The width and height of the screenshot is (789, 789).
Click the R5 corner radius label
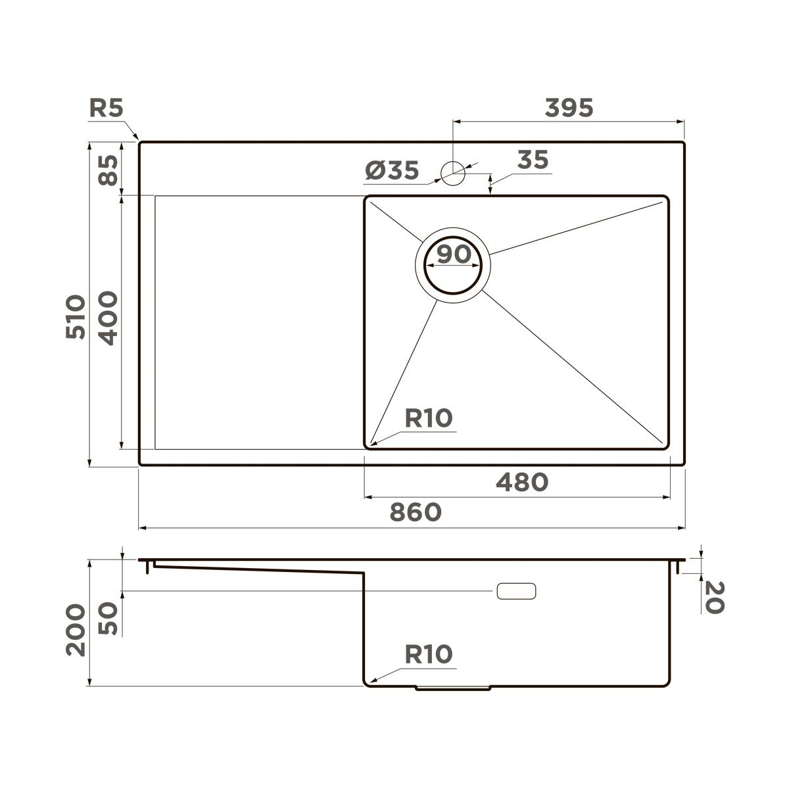point(106,108)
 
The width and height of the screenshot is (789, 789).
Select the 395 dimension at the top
point(569,108)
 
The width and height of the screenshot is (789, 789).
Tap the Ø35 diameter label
point(392,171)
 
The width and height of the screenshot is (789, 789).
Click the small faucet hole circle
point(453,173)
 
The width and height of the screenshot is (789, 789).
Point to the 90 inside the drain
point(453,254)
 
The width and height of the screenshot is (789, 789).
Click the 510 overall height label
point(76,317)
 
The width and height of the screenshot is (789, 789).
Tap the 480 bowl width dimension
point(521,483)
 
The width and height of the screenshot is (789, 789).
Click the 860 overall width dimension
point(415,512)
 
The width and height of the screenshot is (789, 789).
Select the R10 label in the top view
point(428,418)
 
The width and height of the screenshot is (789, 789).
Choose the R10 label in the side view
point(428,655)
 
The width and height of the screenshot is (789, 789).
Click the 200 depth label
point(76,629)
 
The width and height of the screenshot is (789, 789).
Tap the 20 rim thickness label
point(713,597)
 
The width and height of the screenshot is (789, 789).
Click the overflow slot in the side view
point(516,591)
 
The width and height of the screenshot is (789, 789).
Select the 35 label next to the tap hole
point(533,160)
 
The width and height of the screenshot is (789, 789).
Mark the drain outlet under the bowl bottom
point(453,688)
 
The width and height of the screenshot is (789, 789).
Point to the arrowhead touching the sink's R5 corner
point(137,138)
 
